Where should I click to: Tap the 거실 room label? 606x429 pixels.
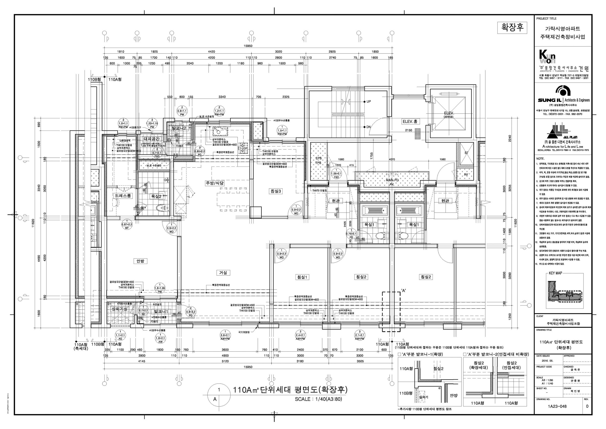223,273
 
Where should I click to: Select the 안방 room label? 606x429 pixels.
140,261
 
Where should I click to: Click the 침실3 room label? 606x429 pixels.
276,191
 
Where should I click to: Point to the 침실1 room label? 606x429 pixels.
302,277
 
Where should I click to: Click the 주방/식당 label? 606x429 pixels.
215,183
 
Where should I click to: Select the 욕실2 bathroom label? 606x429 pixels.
156,196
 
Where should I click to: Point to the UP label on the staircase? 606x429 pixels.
369,101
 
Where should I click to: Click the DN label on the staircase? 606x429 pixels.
368,127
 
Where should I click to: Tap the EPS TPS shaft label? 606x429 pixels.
319,161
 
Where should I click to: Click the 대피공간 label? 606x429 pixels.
152,139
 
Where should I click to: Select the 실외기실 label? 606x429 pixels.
120,309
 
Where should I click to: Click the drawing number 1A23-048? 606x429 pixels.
557,406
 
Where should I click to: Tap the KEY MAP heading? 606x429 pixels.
555,273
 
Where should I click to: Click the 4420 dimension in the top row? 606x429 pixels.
212,52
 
